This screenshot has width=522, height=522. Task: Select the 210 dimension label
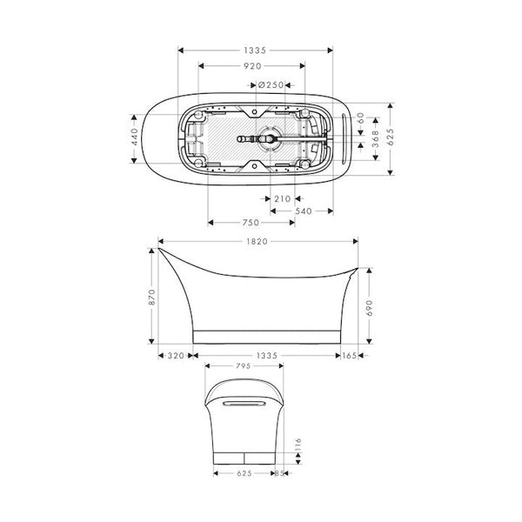tap(282, 199)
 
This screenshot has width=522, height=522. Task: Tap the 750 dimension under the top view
tap(252, 221)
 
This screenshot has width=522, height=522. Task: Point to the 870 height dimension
tap(151, 298)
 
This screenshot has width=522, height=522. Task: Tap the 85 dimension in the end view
tap(279, 474)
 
